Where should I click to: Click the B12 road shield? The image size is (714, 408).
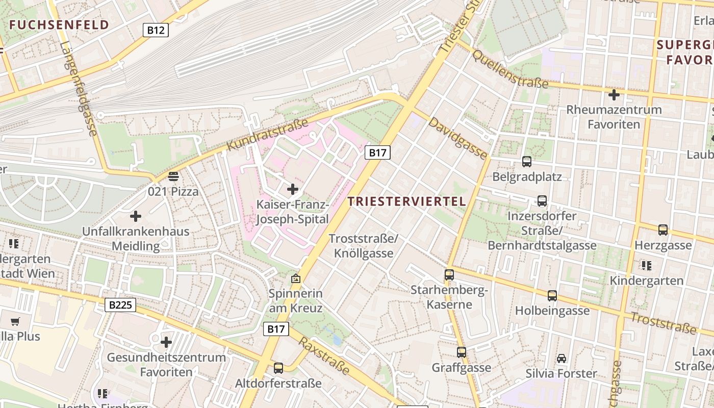click(x=156, y=30)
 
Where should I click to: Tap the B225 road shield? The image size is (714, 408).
click(x=121, y=305)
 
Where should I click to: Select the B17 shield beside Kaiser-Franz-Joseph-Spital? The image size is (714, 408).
click(x=377, y=152)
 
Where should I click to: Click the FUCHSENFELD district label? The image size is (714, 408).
click(x=59, y=25)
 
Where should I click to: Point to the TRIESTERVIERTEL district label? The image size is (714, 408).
click(x=407, y=201)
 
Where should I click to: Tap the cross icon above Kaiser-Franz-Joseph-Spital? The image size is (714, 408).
click(x=293, y=189)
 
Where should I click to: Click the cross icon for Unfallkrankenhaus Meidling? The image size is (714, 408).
click(x=136, y=216)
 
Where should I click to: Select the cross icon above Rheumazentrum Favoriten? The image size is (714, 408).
click(x=614, y=94)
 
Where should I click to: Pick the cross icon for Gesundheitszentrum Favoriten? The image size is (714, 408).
click(x=166, y=342)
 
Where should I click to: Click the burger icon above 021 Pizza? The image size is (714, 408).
click(x=173, y=176)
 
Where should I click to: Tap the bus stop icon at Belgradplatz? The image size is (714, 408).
click(x=527, y=162)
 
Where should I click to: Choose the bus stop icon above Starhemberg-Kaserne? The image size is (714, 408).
click(x=449, y=274)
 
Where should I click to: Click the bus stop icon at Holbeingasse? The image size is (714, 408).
click(x=552, y=295)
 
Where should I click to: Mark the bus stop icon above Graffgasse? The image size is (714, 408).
click(x=462, y=352)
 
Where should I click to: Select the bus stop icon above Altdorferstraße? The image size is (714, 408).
click(x=278, y=368)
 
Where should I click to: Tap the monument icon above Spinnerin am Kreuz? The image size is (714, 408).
click(x=295, y=278)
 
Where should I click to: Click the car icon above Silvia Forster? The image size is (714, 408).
click(x=562, y=358)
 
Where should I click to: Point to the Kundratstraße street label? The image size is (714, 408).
click(x=267, y=135)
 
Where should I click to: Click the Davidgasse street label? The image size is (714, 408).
click(x=457, y=138)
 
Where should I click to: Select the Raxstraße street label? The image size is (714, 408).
click(x=324, y=355)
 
